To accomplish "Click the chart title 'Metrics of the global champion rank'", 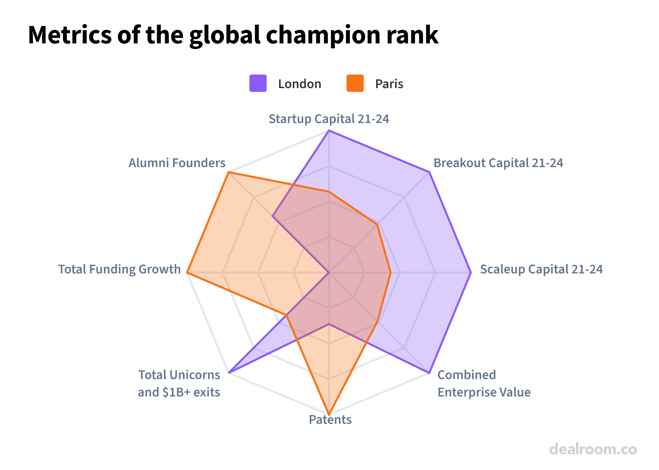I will pyautogui.click(x=233, y=35).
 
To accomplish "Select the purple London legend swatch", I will pyautogui.click(x=258, y=83).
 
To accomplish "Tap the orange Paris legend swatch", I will pyautogui.click(x=355, y=83).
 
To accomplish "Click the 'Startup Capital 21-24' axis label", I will pyautogui.click(x=329, y=119).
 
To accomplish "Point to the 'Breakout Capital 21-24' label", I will pyautogui.click(x=498, y=163).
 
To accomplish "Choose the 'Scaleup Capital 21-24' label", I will pyautogui.click(x=541, y=269).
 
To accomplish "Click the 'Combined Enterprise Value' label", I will pyautogui.click(x=484, y=384).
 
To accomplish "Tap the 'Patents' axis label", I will pyautogui.click(x=330, y=420).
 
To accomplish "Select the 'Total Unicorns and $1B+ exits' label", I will pyautogui.click(x=179, y=384).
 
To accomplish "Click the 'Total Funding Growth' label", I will pyautogui.click(x=119, y=269).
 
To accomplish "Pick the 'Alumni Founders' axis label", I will pyautogui.click(x=177, y=163).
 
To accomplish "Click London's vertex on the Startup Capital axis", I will pyautogui.click(x=329, y=131).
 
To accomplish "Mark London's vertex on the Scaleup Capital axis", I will pyautogui.click(x=471, y=273).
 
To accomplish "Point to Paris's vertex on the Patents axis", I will pyautogui.click(x=329, y=414).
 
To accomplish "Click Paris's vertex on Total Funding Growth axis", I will pyautogui.click(x=187, y=273).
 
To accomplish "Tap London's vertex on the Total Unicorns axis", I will pyautogui.click(x=229, y=373).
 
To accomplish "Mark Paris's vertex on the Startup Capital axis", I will pyautogui.click(x=329, y=192).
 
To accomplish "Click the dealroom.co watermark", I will pyautogui.click(x=593, y=449).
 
